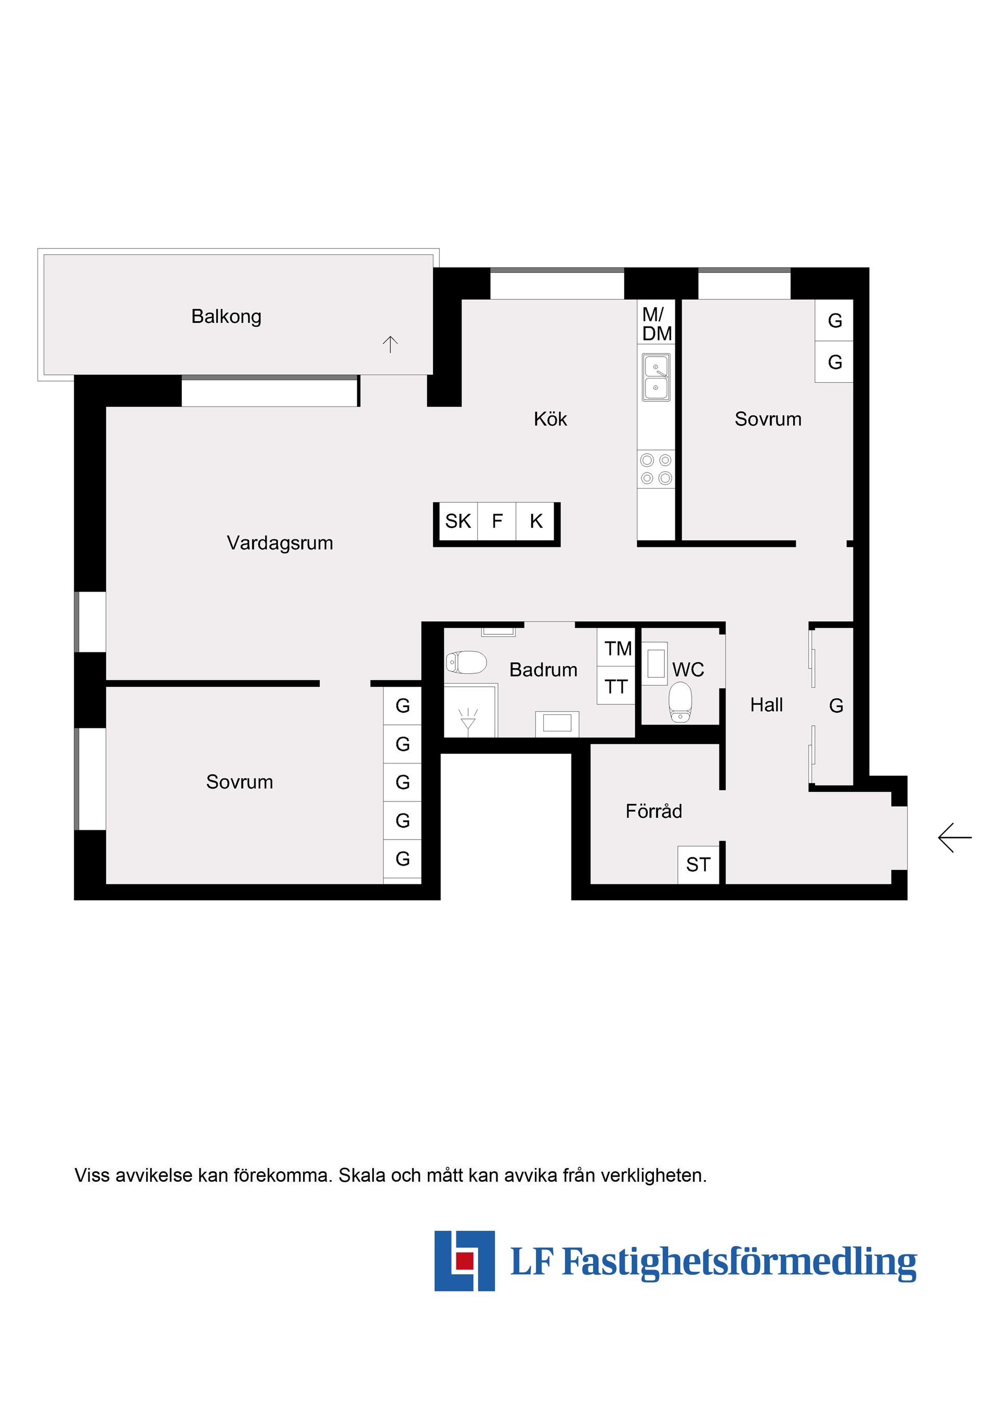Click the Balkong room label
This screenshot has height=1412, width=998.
pyautogui.click(x=226, y=316)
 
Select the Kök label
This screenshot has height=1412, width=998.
pyautogui.click(x=550, y=419)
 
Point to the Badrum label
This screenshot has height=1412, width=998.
pyautogui.click(x=543, y=669)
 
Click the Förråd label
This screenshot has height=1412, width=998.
pyautogui.click(x=654, y=811)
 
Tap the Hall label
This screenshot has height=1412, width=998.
pyautogui.click(x=766, y=705)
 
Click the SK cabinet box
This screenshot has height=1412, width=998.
pyautogui.click(x=458, y=521)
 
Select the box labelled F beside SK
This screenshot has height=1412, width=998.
pyautogui.click(x=497, y=521)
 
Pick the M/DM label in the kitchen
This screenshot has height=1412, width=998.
pyautogui.click(x=656, y=324)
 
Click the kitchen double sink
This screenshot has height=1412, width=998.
pyautogui.click(x=656, y=377)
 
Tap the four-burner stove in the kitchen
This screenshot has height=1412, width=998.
pyautogui.click(x=656, y=468)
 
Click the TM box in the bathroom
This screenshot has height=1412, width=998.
pyautogui.click(x=617, y=648)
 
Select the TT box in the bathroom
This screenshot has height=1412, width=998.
pyautogui.click(x=616, y=686)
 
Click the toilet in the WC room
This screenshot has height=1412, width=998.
pyautogui.click(x=680, y=702)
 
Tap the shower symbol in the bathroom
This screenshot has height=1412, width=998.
pyautogui.click(x=468, y=717)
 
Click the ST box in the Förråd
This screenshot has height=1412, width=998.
pyautogui.click(x=698, y=865)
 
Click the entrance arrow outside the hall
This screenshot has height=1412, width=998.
pyautogui.click(x=954, y=838)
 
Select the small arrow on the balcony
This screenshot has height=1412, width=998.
pyautogui.click(x=390, y=344)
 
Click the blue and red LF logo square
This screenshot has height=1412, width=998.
pyautogui.click(x=464, y=1261)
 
